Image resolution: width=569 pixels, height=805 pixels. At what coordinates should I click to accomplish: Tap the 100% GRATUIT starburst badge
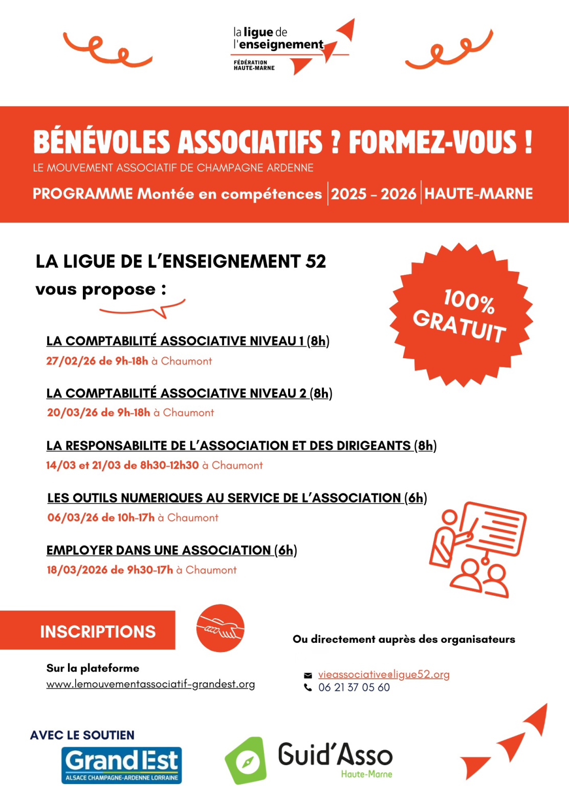[461, 315]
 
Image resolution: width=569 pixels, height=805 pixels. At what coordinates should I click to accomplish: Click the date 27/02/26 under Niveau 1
[71, 361]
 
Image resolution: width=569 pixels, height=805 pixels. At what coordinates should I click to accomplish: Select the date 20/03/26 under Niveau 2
[72, 412]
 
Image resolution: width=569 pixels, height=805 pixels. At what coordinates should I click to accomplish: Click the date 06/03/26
[73, 517]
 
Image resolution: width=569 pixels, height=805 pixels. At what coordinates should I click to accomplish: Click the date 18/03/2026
[77, 570]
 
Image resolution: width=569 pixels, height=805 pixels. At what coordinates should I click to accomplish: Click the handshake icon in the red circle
[221, 628]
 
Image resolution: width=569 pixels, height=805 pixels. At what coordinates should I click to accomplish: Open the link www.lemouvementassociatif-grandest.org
[150, 684]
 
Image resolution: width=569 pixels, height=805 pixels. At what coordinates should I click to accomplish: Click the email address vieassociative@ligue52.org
[384, 675]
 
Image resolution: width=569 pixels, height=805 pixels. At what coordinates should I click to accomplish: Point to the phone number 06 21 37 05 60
[354, 687]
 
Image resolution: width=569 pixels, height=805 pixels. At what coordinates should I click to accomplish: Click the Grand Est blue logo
[122, 765]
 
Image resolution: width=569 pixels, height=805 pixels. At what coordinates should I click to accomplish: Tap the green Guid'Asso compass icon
[246, 760]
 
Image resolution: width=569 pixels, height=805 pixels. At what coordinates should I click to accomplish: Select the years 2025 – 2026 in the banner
[374, 194]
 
